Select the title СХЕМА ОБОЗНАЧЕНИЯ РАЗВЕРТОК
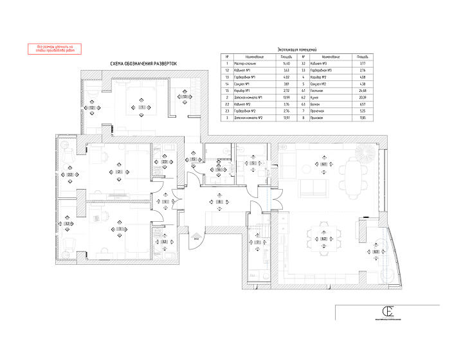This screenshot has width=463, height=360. click(x=143, y=63)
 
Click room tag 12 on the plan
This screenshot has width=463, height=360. click(x=92, y=108)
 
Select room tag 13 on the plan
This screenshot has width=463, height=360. click(x=185, y=97)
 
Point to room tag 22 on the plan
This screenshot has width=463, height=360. click(x=70, y=175)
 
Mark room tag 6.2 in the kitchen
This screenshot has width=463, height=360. click(x=325, y=239)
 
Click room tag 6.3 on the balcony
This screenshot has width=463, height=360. click(x=375, y=252)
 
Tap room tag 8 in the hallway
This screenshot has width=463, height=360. click(x=219, y=202)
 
